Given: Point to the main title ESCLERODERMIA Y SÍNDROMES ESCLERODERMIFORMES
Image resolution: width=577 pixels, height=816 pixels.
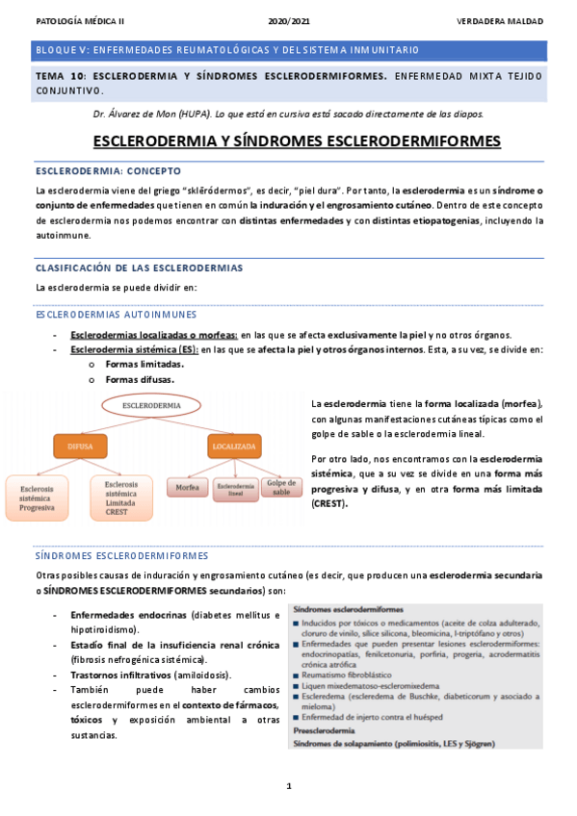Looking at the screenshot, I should point(296,140).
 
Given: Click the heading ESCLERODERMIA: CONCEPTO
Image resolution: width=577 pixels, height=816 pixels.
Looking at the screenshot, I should point(94,170).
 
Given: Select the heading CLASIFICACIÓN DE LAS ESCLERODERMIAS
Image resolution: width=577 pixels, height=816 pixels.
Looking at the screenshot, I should point(139,267).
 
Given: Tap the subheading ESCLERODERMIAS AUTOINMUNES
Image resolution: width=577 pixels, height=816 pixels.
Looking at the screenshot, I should point(116,314).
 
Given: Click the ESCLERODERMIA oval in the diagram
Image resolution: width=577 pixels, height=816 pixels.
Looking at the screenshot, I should point(151,406).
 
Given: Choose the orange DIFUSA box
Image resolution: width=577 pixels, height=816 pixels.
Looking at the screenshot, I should point(80,446).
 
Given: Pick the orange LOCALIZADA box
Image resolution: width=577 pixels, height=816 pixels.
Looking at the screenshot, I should point(234,446).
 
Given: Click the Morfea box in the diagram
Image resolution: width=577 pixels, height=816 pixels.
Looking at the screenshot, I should point(188,488).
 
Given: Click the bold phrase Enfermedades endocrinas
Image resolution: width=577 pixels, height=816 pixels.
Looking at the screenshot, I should point(129,615).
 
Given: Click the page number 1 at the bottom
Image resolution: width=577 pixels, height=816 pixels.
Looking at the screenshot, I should point(289,786).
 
